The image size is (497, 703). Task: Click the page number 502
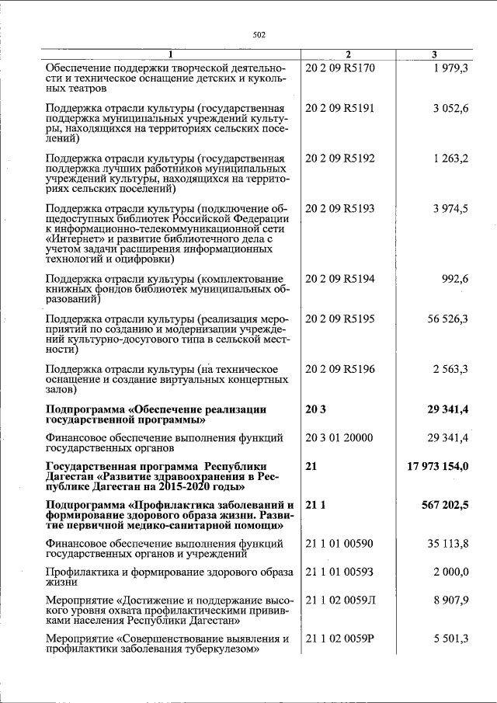[x=259, y=34]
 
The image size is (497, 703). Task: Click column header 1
[x=172, y=54]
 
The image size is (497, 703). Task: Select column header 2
[x=347, y=54]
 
